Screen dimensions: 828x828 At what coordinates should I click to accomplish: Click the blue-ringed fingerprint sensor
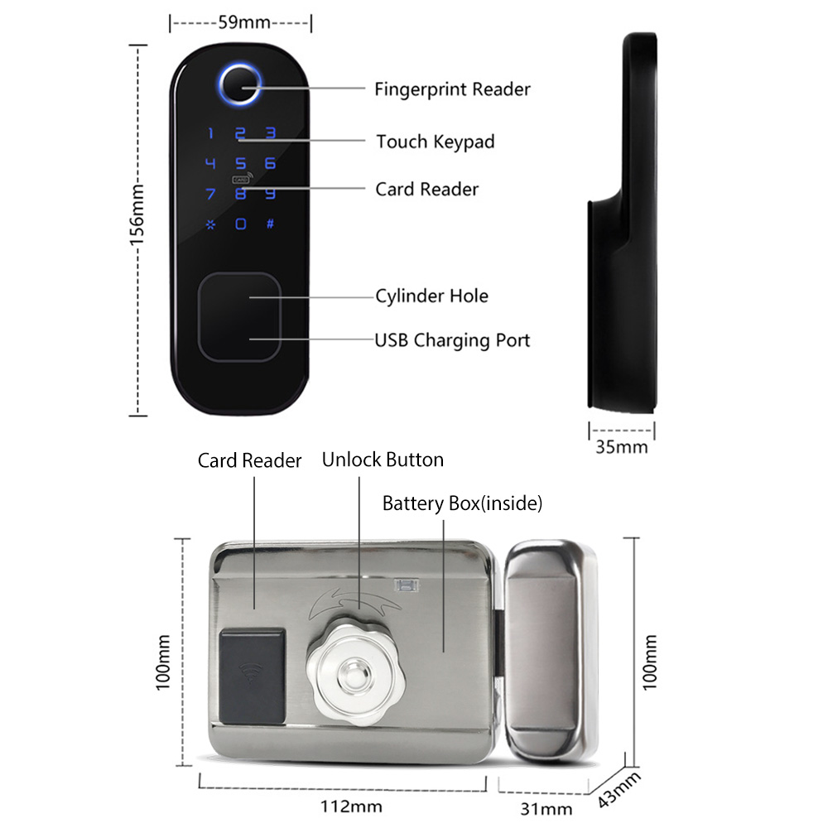[x=240, y=84]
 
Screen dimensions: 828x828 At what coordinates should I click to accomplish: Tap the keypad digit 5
[x=241, y=164]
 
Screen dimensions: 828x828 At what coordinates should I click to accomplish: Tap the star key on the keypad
[x=210, y=225]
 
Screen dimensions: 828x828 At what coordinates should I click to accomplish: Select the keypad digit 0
[x=241, y=224]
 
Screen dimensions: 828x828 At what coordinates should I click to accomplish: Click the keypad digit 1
[x=210, y=133]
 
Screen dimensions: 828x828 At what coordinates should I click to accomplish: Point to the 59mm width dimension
[x=244, y=22]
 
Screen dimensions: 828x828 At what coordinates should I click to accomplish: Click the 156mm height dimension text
[x=137, y=215]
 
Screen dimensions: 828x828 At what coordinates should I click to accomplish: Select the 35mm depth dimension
[x=622, y=447]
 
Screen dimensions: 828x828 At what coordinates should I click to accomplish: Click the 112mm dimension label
[x=351, y=806]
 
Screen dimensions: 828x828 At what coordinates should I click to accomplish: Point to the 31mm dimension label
[x=546, y=809]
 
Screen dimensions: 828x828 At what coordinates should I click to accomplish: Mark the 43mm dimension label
[x=619, y=790]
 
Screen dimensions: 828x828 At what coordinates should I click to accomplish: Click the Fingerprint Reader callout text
[x=453, y=89]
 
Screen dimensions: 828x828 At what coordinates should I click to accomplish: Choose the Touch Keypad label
[x=436, y=142]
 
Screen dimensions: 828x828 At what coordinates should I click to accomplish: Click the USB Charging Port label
[x=452, y=340]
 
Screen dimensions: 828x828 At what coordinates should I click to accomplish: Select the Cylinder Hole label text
[x=431, y=296]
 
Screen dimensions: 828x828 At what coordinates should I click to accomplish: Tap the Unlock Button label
[x=383, y=460]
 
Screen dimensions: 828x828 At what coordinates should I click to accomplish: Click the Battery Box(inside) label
[x=463, y=503]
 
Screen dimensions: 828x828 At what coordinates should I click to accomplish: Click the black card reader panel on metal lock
[x=253, y=676]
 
